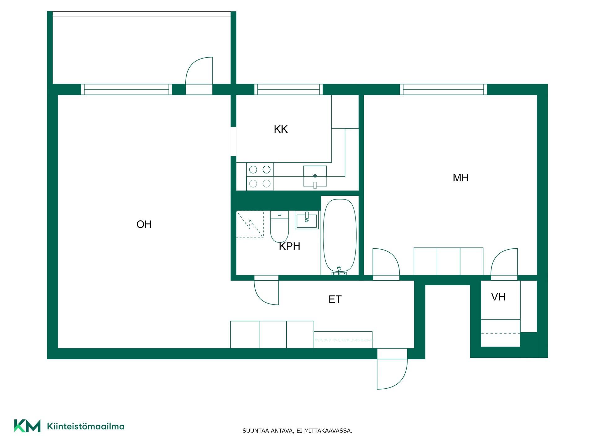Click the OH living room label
pos(144,224)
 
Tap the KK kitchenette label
pos(281,129)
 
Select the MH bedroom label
pos(461,178)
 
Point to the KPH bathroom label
pos(289,246)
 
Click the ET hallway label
pos(335,299)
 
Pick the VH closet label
pos(498,297)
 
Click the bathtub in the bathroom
pos(340,235)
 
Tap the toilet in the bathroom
pos(280,226)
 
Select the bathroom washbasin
pos(307,220)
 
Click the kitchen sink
pos(315,176)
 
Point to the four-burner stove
pos(260,177)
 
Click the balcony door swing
pos(199,71)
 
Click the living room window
pos(126,90)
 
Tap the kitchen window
pos(289,90)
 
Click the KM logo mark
pos(27,426)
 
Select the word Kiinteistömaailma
pos(86,426)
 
